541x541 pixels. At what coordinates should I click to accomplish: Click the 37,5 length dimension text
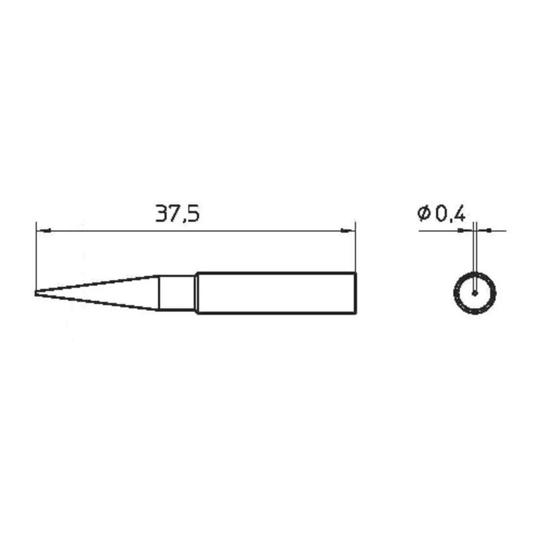click(177, 214)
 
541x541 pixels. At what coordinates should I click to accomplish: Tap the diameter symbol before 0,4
click(424, 213)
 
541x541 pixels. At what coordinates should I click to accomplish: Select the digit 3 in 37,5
click(161, 214)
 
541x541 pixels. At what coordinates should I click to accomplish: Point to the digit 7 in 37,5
click(175, 214)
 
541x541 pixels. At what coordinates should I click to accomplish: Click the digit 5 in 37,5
click(194, 214)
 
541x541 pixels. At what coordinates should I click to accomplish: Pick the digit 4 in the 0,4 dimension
click(459, 214)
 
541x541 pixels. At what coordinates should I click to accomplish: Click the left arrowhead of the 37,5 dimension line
click(43, 230)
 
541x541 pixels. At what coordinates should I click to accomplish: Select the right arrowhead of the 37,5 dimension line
click(348, 230)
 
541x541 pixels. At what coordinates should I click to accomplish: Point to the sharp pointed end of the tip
click(36, 293)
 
